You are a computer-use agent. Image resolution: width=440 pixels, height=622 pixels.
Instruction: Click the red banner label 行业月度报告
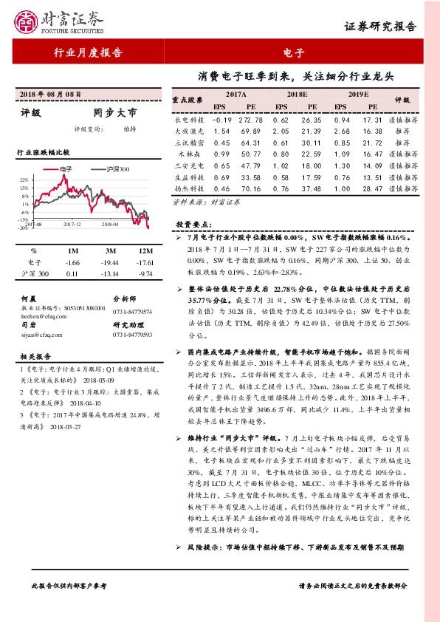point(88,52)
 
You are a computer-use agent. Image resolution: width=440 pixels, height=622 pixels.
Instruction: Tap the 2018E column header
point(296,95)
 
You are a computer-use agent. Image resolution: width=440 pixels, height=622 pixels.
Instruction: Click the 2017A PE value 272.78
point(251,119)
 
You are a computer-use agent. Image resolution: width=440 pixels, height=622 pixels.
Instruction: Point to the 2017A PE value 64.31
point(251,143)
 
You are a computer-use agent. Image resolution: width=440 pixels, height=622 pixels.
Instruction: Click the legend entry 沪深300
point(115,169)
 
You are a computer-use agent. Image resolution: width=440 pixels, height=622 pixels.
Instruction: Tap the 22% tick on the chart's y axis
point(24,180)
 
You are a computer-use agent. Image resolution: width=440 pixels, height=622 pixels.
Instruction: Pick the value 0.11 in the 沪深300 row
point(72,274)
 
